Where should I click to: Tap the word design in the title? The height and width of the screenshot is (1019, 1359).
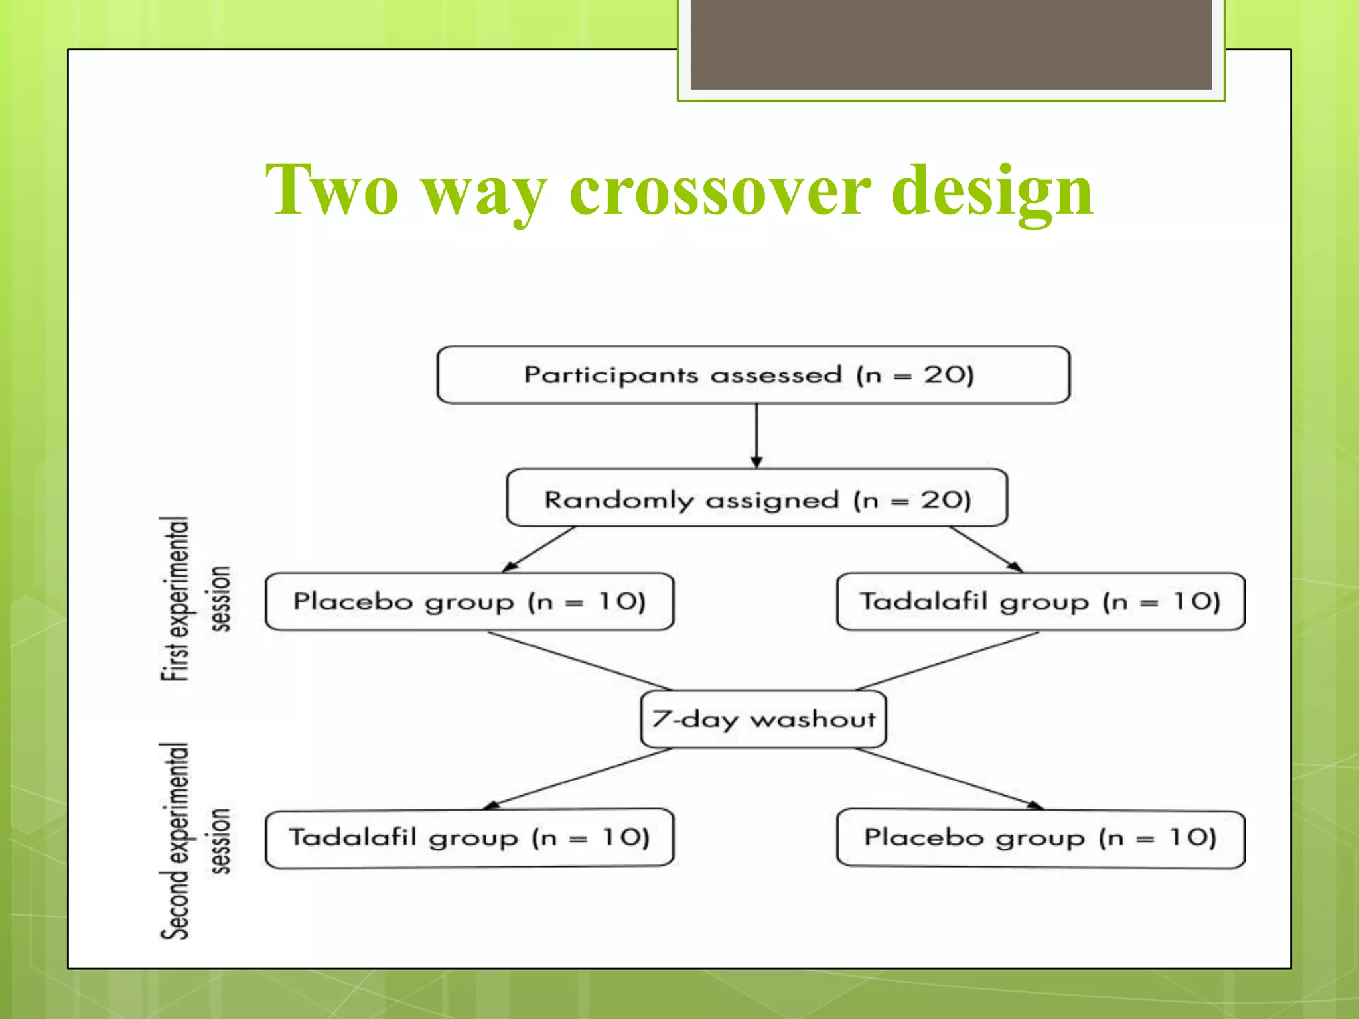click(991, 192)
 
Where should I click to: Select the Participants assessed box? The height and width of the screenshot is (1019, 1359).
click(753, 375)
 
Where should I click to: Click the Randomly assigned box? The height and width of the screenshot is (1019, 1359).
click(756, 498)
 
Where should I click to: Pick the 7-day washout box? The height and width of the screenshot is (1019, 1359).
click(763, 719)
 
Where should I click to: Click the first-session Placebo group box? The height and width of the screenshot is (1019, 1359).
click(469, 602)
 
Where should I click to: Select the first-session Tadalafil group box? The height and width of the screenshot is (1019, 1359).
click(1040, 602)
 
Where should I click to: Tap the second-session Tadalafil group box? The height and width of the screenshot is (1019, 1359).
click(469, 838)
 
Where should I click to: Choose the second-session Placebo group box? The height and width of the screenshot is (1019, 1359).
click(1040, 838)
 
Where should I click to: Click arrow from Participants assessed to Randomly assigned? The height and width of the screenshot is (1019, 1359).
click(756, 435)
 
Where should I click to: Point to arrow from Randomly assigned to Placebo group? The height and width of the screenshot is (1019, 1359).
click(539, 549)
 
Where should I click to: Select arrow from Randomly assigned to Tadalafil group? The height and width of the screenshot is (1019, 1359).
click(985, 549)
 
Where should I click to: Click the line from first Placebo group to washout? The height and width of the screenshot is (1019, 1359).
click(579, 661)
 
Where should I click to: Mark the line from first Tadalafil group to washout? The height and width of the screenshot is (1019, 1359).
click(948, 661)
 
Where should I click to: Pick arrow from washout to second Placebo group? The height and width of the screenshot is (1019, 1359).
click(949, 778)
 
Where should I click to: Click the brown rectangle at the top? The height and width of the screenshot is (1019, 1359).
click(950, 44)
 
